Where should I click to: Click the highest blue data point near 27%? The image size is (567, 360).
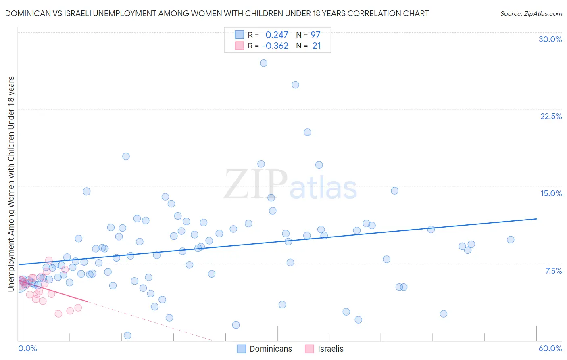[264, 63]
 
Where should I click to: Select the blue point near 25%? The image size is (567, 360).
[295, 85]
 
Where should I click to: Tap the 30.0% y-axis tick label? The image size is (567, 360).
[550, 39]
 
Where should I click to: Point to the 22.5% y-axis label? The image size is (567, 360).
[551, 116]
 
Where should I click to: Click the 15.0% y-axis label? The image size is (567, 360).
[551, 193]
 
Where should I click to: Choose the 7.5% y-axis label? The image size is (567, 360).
[553, 271]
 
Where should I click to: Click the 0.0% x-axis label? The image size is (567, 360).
[28, 348]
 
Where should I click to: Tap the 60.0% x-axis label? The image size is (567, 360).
[550, 348]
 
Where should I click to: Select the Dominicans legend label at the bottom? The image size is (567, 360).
[271, 349]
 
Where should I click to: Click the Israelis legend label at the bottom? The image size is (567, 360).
[331, 349]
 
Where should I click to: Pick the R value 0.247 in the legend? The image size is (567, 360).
[277, 35]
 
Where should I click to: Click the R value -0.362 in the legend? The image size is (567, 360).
[275, 46]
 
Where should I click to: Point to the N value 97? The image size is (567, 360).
[315, 35]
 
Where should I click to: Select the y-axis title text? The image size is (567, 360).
[11, 184]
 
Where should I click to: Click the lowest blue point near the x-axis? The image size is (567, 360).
[127, 335]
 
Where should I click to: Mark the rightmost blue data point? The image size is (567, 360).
[511, 240]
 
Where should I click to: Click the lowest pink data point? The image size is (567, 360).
[58, 314]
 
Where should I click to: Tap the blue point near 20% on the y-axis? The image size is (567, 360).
[307, 132]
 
